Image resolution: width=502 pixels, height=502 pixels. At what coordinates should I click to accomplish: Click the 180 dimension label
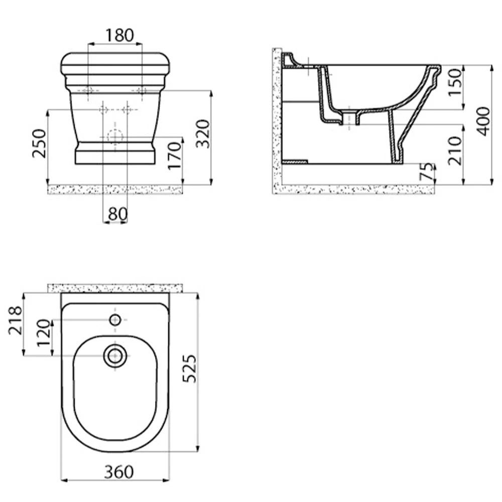point(120,35)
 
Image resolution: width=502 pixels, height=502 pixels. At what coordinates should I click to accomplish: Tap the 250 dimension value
point(39,144)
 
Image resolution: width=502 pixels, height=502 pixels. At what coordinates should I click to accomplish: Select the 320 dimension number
point(203,134)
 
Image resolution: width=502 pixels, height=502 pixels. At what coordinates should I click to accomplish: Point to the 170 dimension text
point(175,156)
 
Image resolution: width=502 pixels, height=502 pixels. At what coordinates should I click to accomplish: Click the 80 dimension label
point(118,213)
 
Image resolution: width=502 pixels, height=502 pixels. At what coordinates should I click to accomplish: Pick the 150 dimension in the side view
point(455,83)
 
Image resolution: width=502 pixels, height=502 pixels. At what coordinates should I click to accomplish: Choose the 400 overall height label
point(483,121)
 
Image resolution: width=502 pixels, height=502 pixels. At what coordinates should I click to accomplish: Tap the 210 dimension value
point(455,151)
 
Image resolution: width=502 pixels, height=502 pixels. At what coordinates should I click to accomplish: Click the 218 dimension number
point(16,320)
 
